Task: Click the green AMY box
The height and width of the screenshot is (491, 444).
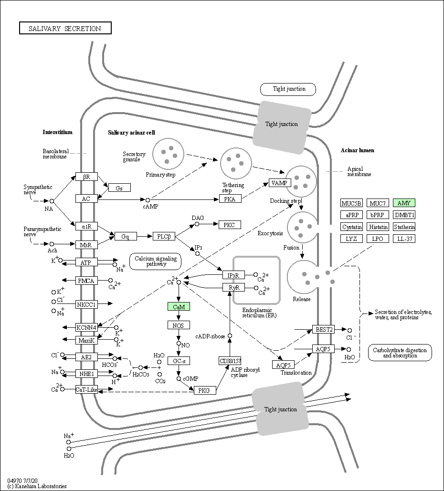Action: coord(404,203)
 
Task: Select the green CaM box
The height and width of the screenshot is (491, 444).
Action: coord(179,307)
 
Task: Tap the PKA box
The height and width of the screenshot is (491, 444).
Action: coord(230,199)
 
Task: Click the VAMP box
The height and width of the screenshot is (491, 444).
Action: coord(280,183)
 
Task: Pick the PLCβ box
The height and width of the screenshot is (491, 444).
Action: coord(164,236)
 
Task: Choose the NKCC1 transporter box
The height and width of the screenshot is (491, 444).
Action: coord(86,304)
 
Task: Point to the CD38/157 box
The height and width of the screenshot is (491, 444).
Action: coord(230,361)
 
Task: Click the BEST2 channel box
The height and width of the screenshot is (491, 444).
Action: coord(323,329)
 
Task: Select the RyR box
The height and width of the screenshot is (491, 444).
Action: coord(234,287)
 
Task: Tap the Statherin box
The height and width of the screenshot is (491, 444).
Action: coord(404,227)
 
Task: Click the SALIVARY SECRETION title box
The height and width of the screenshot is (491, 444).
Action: coord(65,28)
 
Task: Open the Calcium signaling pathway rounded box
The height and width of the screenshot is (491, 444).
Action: coord(156,261)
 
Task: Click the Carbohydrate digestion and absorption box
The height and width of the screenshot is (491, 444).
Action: coord(400,353)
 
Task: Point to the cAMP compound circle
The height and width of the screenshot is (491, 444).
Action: coord(148,200)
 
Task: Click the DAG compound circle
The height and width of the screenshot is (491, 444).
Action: coord(197,224)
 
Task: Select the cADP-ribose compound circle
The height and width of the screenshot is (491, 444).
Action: coord(230,336)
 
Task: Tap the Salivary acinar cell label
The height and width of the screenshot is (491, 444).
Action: coord(132,133)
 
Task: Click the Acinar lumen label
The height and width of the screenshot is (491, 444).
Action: coord(357,150)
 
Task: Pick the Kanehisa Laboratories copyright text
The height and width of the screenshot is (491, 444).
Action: coord(37,486)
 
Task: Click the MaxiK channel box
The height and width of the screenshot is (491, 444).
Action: coord(86,340)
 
